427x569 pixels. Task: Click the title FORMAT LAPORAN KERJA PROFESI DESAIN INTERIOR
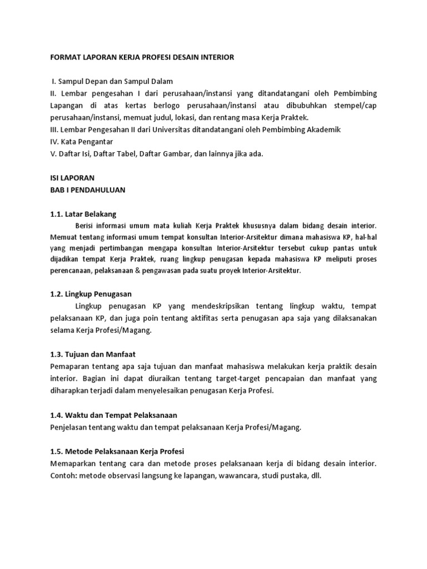click(142, 57)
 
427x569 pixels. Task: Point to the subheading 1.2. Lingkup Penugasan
click(91, 293)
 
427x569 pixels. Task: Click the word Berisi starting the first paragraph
click(85, 226)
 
